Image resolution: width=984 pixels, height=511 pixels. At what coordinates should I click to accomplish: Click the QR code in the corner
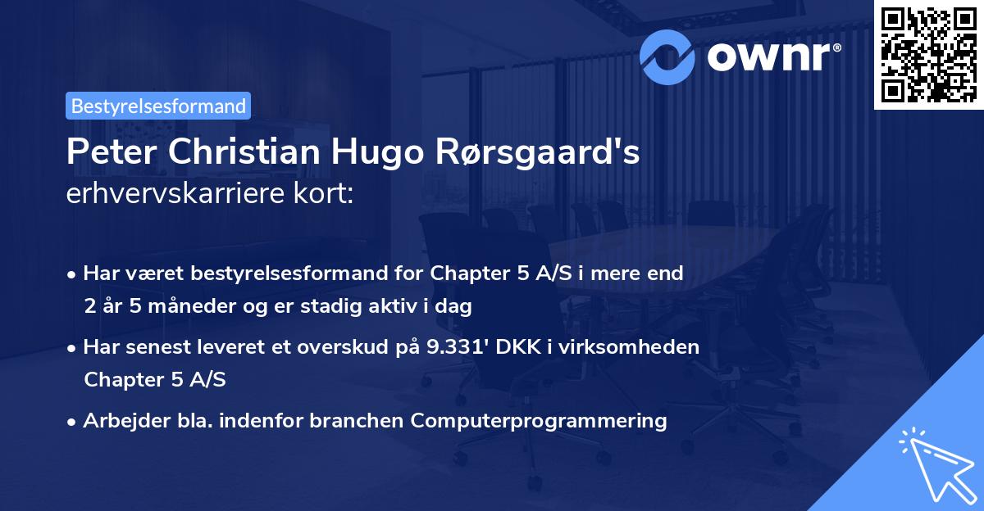(x=928, y=54)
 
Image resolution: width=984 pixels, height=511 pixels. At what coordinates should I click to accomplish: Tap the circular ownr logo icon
(x=667, y=56)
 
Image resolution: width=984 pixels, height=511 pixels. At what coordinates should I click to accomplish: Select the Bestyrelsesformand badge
(x=158, y=106)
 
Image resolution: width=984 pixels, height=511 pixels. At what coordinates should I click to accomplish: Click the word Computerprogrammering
(x=539, y=421)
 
